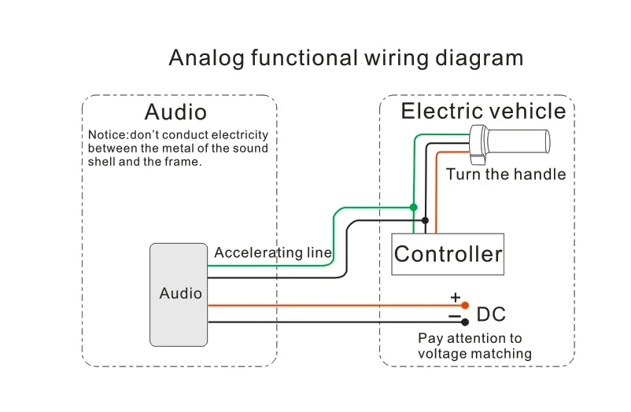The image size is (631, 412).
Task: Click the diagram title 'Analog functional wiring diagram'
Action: (346, 58)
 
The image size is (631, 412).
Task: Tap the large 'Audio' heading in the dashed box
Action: (175, 112)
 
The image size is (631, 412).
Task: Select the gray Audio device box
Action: (179, 295)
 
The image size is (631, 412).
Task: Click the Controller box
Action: (448, 254)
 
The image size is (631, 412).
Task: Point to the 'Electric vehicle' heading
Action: (483, 111)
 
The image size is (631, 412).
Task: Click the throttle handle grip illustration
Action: (510, 144)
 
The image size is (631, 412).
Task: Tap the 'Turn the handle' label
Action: (506, 175)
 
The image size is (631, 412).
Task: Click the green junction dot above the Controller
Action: (413, 208)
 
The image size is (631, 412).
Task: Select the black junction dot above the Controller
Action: (425, 220)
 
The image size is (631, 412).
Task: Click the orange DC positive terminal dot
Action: (465, 305)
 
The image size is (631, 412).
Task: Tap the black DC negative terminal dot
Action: (465, 322)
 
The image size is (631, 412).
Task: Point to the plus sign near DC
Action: (455, 297)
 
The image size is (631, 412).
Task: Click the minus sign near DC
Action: (454, 316)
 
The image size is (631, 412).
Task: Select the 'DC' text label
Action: (491, 315)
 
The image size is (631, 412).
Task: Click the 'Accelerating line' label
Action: (273, 252)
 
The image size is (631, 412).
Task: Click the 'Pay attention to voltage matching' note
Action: (475, 346)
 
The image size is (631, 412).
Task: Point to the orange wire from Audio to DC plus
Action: (337, 305)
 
